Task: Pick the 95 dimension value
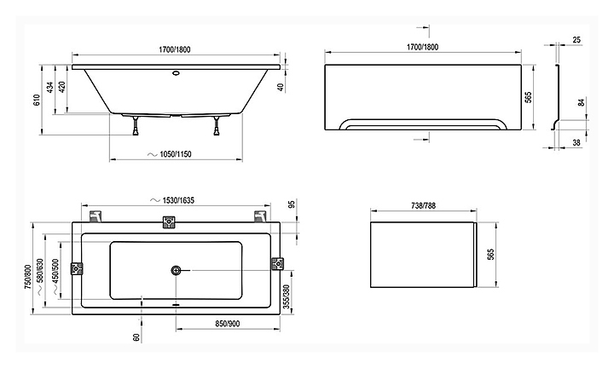291,205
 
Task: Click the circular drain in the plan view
177,271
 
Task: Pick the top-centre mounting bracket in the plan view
169,222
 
